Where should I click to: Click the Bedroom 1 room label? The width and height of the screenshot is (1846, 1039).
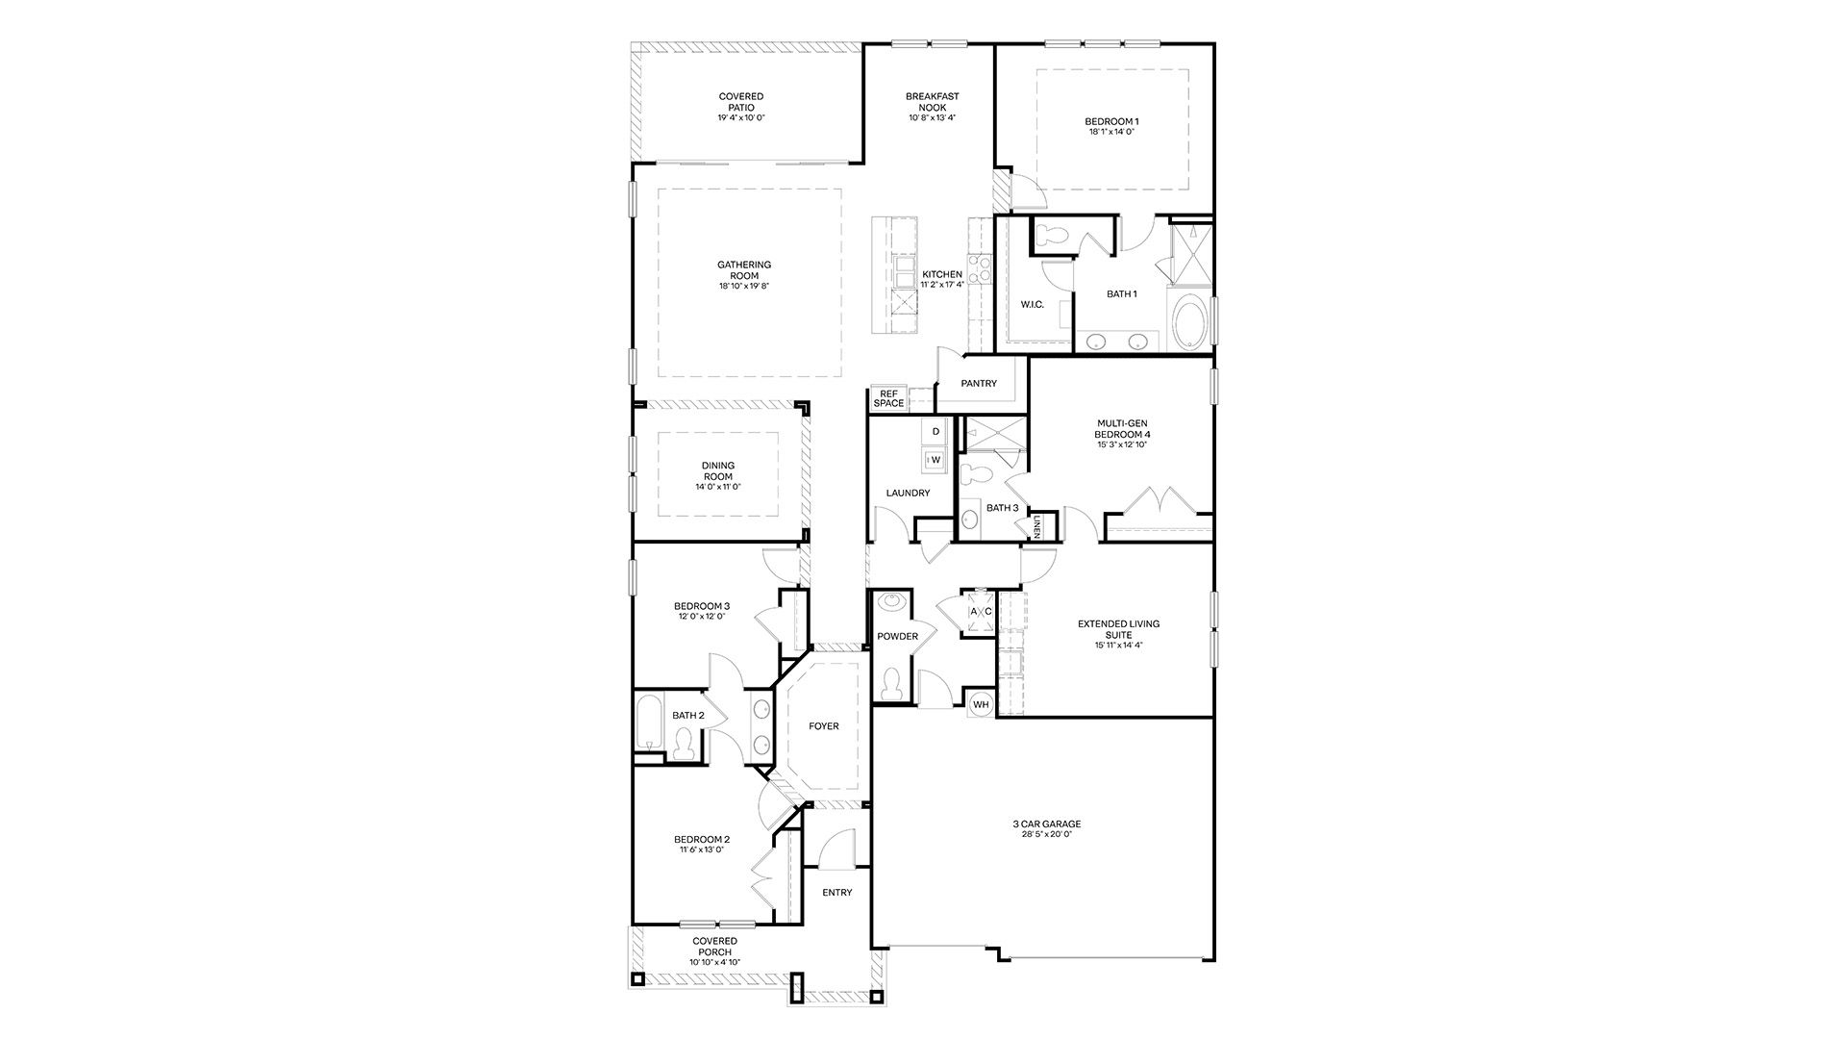1111,121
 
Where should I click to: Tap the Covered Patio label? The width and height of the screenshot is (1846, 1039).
741,102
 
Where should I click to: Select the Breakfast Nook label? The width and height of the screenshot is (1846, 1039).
932,102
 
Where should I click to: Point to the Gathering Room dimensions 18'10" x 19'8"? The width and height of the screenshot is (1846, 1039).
744,287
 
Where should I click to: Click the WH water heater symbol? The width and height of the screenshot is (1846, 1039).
981,704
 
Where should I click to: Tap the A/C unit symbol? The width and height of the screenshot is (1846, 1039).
980,611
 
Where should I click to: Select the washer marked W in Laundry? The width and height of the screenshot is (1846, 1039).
935,460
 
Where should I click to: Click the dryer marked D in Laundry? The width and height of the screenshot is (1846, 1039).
935,431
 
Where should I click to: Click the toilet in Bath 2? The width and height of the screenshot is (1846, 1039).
684,744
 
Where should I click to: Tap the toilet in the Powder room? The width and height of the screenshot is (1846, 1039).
891,683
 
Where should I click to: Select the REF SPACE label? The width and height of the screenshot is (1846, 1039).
888,398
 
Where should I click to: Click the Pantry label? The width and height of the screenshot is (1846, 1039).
980,384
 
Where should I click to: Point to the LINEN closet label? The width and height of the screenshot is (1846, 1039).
1037,526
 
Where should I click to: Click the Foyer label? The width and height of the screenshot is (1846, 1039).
824,726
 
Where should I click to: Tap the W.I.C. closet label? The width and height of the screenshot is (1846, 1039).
1032,305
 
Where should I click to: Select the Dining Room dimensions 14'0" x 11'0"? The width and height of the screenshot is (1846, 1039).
718,487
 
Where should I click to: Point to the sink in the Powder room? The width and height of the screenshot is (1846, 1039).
891,602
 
